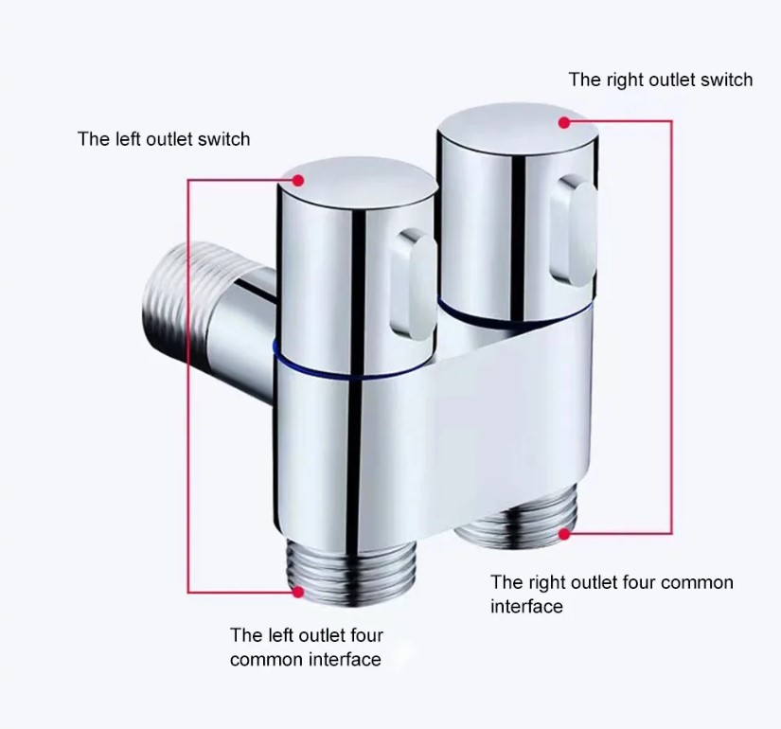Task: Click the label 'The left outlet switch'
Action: (x=164, y=140)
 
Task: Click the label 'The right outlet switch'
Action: (x=660, y=80)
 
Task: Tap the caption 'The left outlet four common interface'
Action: (x=307, y=647)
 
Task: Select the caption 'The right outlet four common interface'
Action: (x=612, y=594)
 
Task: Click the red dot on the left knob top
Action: (x=298, y=179)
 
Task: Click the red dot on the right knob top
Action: (x=564, y=122)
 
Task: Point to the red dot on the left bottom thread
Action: (x=298, y=592)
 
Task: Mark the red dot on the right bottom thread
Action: (x=564, y=535)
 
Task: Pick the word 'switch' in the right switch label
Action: (x=727, y=80)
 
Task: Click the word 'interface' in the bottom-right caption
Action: (x=526, y=606)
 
